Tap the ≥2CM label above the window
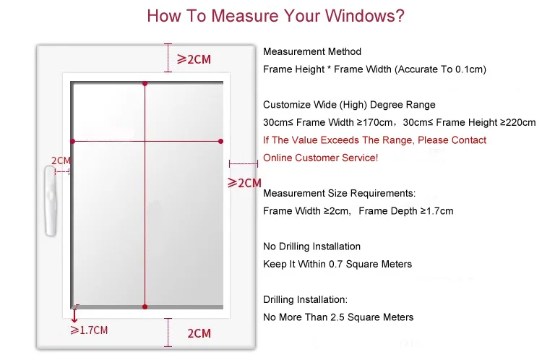point(194,59)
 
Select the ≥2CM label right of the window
point(244,183)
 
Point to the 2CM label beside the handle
point(61,160)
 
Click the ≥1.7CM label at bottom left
point(89,330)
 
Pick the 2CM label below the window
point(199,333)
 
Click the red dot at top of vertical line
point(145,85)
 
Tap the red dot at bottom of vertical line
point(145,307)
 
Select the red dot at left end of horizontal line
point(72,141)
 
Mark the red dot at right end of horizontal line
point(220,141)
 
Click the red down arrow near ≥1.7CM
point(74,316)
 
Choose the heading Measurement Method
point(312,52)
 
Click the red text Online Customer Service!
point(320,158)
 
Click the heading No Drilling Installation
point(311,247)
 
